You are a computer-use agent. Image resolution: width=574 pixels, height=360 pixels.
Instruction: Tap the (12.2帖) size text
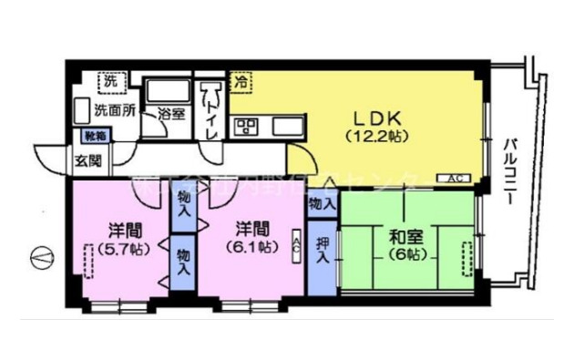pyautogui.click(x=375, y=137)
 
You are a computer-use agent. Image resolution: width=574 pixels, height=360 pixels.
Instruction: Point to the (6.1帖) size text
pyautogui.click(x=248, y=246)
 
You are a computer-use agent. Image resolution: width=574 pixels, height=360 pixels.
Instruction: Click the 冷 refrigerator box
pyautogui.click(x=241, y=82)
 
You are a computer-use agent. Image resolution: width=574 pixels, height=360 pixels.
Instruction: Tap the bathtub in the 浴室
pyautogui.click(x=168, y=92)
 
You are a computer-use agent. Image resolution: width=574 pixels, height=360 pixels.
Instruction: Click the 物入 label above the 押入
pyautogui.click(x=320, y=202)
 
